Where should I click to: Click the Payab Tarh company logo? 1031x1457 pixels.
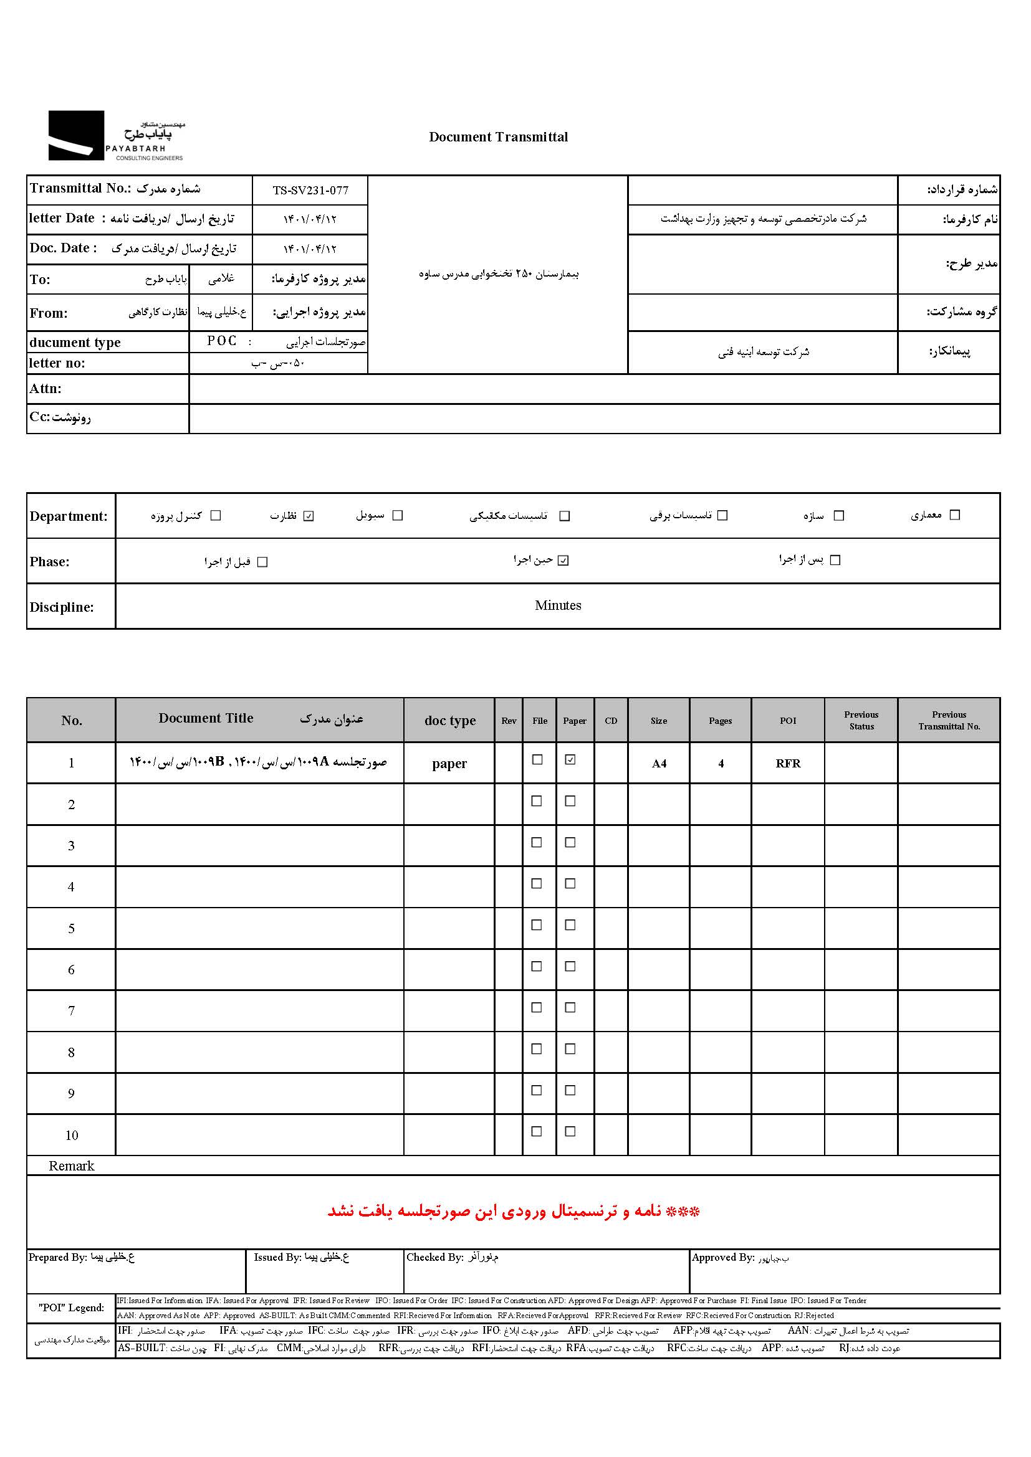pyautogui.click(x=116, y=136)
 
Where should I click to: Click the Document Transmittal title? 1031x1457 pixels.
pyautogui.click(x=499, y=137)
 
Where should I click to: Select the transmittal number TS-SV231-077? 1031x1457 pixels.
pyautogui.click(x=310, y=191)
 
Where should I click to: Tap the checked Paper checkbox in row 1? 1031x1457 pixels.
pyautogui.click(x=570, y=759)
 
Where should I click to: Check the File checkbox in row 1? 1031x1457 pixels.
pyautogui.click(x=537, y=759)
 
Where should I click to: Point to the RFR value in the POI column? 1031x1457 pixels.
pyautogui.click(x=788, y=764)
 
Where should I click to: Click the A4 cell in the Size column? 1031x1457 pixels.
pyautogui.click(x=659, y=764)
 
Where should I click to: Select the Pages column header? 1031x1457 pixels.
pyautogui.click(x=720, y=721)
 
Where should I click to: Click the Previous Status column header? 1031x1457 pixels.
pyautogui.click(x=861, y=720)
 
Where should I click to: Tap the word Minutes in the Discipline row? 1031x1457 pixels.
pyautogui.click(x=557, y=605)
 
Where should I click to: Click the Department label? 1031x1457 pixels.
pyautogui.click(x=69, y=516)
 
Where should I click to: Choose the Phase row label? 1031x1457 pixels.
pyautogui.click(x=49, y=562)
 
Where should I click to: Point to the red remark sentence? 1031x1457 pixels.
pyautogui.click(x=513, y=1212)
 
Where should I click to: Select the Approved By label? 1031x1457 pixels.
pyautogui.click(x=722, y=1257)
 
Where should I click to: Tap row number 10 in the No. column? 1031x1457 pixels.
pyautogui.click(x=71, y=1136)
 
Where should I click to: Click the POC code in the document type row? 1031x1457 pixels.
pyautogui.click(x=221, y=341)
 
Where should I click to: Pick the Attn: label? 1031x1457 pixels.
pyautogui.click(x=45, y=388)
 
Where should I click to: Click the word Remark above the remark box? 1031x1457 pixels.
pyautogui.click(x=71, y=1165)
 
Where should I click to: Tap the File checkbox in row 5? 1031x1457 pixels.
pyautogui.click(x=537, y=925)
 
